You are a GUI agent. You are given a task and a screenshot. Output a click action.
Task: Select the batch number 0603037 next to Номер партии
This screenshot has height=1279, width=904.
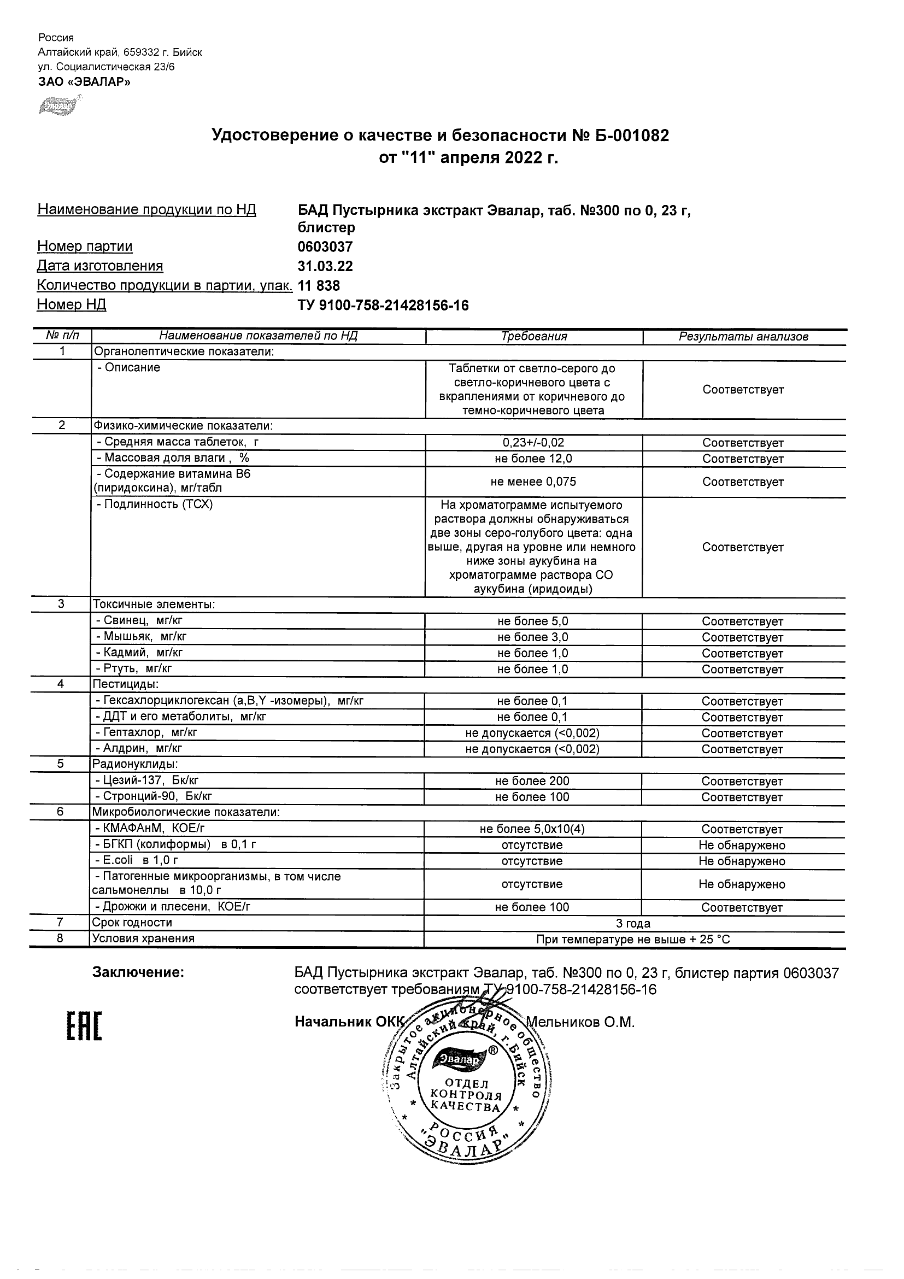[x=325, y=247]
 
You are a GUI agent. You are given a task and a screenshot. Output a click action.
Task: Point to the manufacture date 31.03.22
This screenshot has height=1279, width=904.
[x=325, y=266]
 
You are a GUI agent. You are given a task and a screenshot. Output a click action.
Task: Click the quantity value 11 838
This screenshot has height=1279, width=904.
[x=319, y=286]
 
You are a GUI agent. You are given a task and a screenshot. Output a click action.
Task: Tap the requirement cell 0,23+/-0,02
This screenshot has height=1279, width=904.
[x=533, y=443]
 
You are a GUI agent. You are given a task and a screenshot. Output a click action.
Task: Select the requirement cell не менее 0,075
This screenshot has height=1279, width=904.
[x=533, y=482]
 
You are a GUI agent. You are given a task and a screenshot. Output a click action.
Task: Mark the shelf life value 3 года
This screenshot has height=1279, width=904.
[x=633, y=924]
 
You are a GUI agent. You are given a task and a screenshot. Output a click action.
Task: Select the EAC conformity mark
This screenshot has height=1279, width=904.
[x=85, y=1026]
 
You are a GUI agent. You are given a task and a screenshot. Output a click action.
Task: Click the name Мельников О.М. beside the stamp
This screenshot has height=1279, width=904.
[x=580, y=1022]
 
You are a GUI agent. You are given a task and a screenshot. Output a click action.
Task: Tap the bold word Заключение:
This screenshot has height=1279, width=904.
[x=138, y=972]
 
